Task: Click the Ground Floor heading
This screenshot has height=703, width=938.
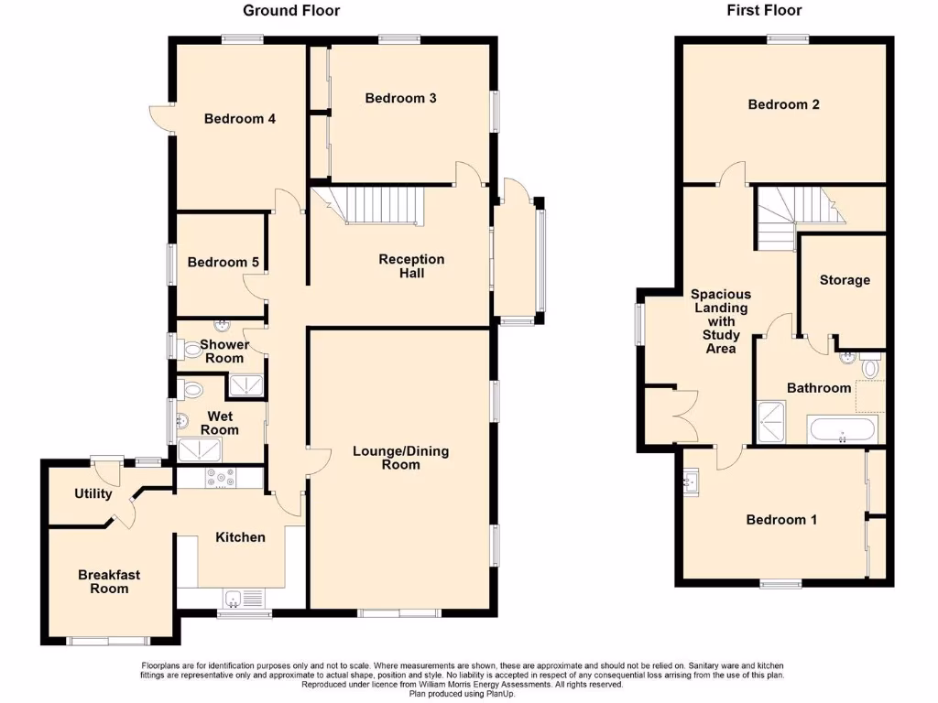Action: click(290, 11)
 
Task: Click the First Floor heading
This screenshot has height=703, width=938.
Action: click(763, 11)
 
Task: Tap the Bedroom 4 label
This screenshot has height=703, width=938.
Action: click(240, 118)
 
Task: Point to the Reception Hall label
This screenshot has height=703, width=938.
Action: click(411, 266)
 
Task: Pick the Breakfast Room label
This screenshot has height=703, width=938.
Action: click(109, 581)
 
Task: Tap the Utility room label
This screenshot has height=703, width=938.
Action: click(93, 494)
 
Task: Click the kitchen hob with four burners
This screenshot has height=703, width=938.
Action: click(220, 477)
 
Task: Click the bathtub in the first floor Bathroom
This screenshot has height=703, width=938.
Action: click(844, 429)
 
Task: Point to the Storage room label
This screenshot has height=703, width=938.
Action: click(845, 280)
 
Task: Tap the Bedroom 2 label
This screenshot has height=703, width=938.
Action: click(783, 104)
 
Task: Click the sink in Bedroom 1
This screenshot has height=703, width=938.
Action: click(691, 479)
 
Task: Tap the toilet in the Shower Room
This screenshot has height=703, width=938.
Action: click(191, 348)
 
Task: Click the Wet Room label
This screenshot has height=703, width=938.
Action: click(219, 423)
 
